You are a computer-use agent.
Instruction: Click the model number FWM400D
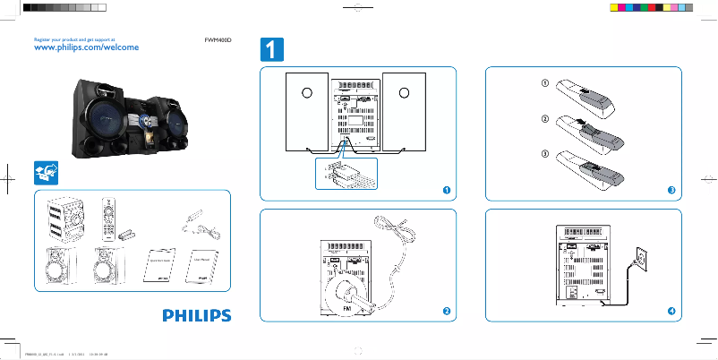tap(218, 40)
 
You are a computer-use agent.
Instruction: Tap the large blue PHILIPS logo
tap(196, 315)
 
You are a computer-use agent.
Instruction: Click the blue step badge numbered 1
tap(445, 190)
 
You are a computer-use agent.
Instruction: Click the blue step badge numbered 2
tap(445, 310)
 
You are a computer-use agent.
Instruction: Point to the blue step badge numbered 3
tap(671, 190)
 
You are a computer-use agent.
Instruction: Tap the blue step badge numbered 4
tap(671, 310)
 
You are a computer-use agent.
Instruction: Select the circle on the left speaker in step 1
tap(305, 93)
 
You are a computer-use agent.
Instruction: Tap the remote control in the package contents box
tap(109, 218)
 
